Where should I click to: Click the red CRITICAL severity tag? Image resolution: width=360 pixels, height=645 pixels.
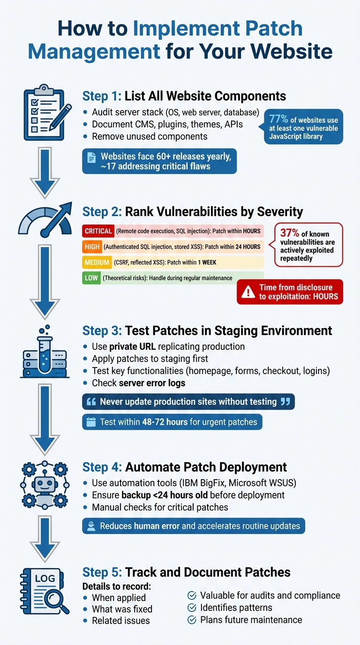click(98, 231)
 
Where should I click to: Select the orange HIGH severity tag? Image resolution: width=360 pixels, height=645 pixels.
click(91, 247)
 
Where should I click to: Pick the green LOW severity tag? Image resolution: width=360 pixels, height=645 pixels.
click(91, 278)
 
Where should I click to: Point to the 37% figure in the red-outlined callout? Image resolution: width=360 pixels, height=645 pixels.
click(290, 233)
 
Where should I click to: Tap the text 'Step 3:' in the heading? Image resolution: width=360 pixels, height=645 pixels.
click(102, 330)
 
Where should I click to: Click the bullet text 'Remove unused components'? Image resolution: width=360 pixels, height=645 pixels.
click(150, 136)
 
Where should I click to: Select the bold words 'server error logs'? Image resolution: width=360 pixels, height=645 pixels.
click(152, 383)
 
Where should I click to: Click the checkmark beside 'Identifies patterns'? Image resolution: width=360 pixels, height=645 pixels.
click(192, 607)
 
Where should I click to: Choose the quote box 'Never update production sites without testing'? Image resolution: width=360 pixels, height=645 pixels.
click(188, 402)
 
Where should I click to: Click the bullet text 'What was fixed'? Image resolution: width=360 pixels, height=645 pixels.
click(122, 609)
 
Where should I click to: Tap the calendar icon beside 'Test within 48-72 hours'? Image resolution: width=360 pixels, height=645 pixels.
click(90, 422)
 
